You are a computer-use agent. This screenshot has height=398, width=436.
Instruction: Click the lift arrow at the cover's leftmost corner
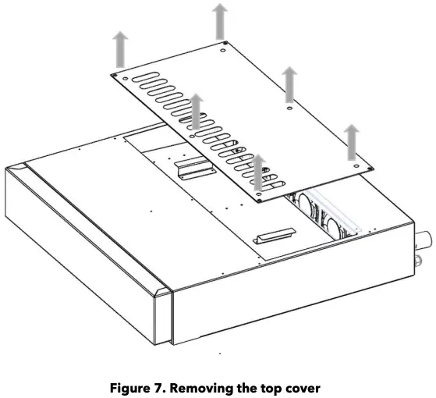click(x=120, y=50)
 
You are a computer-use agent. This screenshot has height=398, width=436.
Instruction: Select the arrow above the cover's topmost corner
click(x=222, y=20)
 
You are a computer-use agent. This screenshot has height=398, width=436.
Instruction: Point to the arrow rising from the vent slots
click(x=196, y=112)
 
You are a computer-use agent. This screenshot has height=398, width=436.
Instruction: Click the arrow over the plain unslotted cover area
click(x=289, y=84)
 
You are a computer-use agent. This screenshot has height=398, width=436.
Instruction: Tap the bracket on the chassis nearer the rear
click(x=192, y=169)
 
